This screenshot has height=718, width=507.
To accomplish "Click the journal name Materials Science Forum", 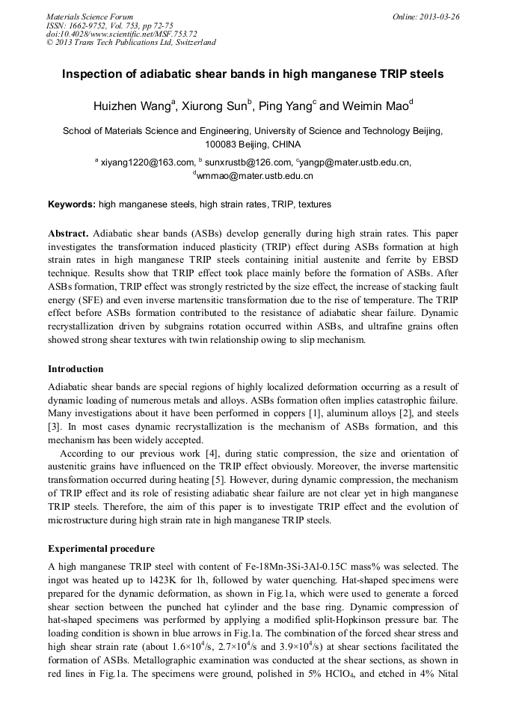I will tap(90, 16).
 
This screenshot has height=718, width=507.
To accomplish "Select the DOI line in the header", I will tap(121, 34).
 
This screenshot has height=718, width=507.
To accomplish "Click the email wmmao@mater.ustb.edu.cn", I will tap(254, 176).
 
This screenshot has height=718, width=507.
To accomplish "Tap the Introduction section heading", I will tap(76, 369).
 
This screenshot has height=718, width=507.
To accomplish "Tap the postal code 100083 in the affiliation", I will tap(222, 144).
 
